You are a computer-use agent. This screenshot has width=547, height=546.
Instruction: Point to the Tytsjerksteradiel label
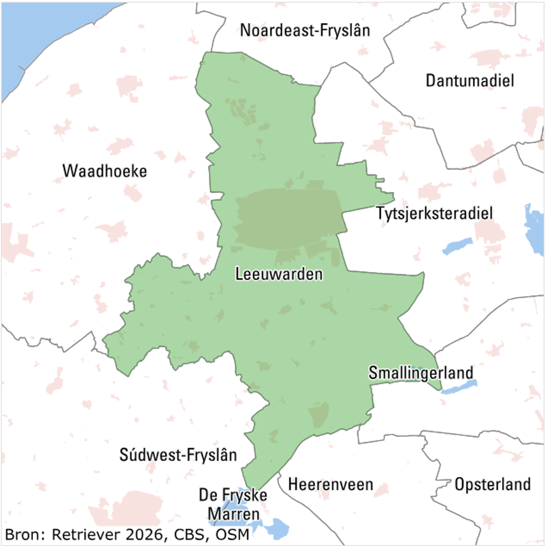coord(435,213)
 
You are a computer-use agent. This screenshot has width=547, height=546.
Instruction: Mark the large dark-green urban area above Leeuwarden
coord(289,218)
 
